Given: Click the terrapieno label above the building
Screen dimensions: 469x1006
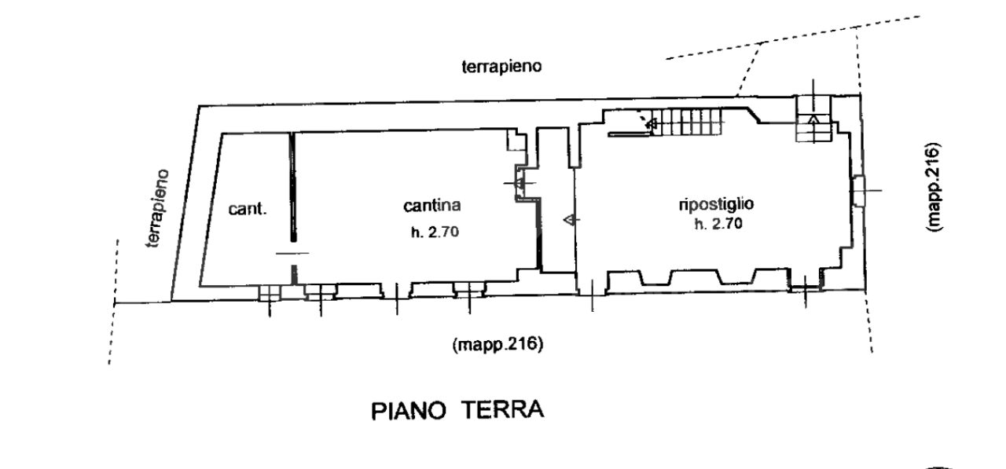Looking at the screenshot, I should [501, 67].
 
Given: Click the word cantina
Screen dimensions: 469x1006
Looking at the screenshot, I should [431, 207].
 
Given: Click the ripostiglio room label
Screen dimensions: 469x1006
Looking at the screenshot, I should [716, 204].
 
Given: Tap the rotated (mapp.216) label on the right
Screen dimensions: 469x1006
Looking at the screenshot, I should [933, 188].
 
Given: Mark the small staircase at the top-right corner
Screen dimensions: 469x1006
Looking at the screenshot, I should [813, 119].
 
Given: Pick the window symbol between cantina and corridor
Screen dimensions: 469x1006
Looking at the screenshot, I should [520, 183].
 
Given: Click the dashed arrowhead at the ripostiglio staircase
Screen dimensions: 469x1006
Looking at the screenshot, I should [650, 123].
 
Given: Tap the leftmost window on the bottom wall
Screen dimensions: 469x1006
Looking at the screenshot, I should [269, 291].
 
